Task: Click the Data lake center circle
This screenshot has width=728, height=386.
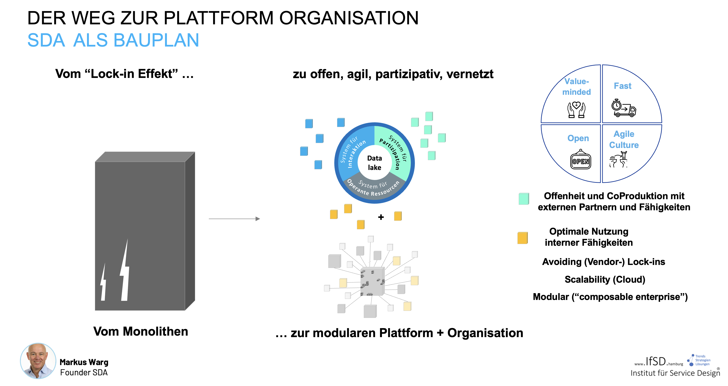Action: (374, 163)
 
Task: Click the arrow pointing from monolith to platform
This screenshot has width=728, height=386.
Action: (234, 219)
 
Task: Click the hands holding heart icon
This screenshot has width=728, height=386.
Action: (576, 110)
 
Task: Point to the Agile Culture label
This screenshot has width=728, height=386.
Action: (623, 139)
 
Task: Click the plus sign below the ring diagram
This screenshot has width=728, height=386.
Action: (381, 217)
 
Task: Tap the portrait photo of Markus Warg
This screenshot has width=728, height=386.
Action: (38, 361)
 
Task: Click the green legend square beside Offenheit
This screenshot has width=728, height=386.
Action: (523, 199)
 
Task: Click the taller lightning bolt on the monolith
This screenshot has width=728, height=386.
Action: (125, 271)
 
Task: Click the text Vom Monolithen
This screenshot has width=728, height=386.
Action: (140, 331)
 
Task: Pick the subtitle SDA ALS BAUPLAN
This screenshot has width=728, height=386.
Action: (113, 40)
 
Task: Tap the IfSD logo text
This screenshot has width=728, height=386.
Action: (656, 361)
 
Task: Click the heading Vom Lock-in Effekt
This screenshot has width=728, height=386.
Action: (124, 74)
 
